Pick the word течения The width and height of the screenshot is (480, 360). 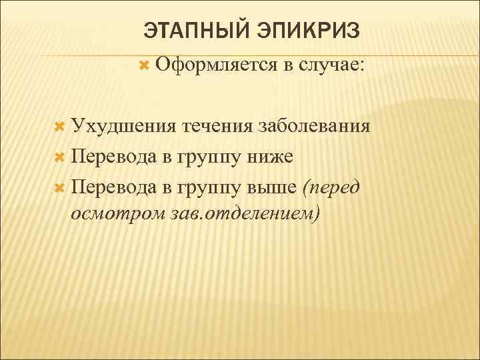(x=219, y=127)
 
